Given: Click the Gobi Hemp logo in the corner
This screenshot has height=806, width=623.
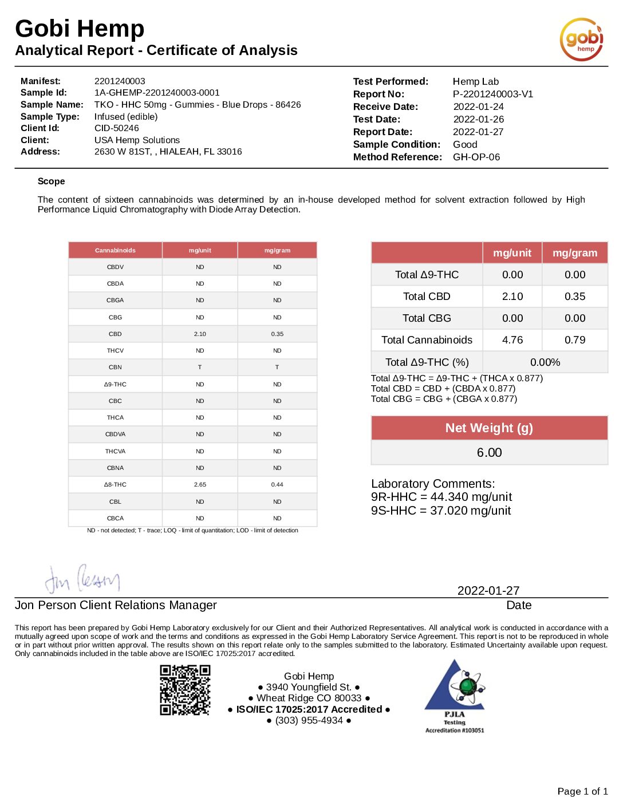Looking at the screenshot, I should [x=581, y=39].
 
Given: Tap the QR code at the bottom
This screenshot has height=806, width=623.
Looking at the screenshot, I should [x=185, y=690].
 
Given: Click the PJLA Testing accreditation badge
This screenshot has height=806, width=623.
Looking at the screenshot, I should [x=455, y=696].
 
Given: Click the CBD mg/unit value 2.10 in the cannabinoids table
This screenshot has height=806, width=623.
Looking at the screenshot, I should [x=200, y=334].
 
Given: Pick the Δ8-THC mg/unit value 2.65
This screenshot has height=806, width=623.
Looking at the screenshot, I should [x=200, y=484].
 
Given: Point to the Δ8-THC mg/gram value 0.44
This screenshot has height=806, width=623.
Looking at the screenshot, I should [x=277, y=484].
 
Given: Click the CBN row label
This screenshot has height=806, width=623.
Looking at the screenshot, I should [x=115, y=367].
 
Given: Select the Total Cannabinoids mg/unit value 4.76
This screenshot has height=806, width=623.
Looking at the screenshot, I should [x=512, y=340].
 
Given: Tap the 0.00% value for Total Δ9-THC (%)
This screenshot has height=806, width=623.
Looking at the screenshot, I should [x=545, y=362].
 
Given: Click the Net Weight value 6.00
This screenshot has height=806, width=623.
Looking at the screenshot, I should [x=489, y=453].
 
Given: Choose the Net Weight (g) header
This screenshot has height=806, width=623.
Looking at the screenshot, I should [x=489, y=428].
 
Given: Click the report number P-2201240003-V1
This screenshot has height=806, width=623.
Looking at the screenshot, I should [x=492, y=94].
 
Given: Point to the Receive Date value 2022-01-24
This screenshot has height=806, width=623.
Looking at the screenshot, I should [x=478, y=107].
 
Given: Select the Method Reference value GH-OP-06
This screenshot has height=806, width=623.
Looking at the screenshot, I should [x=476, y=157].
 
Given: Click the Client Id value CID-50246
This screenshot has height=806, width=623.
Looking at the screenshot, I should [x=116, y=128].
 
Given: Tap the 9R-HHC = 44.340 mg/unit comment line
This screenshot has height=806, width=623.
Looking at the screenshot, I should [x=441, y=497].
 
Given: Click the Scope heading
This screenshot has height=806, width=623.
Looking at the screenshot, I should [x=51, y=181].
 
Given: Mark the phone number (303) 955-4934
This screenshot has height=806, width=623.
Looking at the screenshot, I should [x=309, y=720].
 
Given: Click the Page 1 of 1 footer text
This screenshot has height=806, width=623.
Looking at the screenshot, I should [x=582, y=791].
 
